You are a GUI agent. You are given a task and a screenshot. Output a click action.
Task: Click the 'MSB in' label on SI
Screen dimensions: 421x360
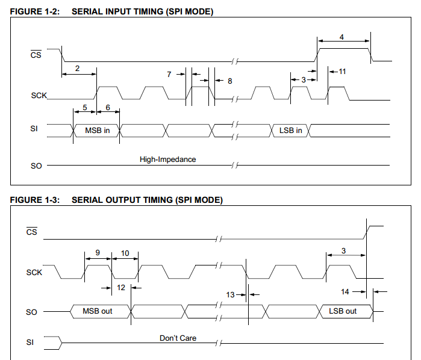click(97, 131)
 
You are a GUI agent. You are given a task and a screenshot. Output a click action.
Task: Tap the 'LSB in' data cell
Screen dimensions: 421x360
click(291, 131)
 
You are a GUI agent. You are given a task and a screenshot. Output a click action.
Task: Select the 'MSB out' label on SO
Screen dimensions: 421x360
click(97, 311)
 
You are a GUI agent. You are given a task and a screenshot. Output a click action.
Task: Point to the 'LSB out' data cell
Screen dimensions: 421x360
click(346, 311)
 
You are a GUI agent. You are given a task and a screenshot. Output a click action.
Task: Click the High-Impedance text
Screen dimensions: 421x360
click(168, 160)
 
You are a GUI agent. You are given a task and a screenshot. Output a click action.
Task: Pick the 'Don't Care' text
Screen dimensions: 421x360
click(178, 338)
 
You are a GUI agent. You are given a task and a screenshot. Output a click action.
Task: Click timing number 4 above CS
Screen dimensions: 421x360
click(341, 37)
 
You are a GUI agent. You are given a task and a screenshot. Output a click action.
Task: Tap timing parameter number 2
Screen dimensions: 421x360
click(77, 69)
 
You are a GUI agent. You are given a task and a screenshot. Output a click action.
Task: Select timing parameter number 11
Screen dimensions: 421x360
click(342, 72)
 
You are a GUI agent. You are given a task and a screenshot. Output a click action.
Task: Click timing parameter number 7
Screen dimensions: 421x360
click(169, 75)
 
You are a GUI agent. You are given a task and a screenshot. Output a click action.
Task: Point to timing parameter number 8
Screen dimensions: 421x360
click(230, 81)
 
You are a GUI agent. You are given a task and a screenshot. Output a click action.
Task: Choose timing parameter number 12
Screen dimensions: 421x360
click(121, 288)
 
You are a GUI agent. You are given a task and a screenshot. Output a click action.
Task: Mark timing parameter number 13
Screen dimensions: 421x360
click(230, 295)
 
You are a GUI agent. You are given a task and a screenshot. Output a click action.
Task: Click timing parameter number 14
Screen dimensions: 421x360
click(345, 292)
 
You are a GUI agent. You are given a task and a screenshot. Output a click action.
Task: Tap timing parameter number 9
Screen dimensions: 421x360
click(98, 253)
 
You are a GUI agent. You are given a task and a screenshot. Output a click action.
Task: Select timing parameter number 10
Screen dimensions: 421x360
click(125, 253)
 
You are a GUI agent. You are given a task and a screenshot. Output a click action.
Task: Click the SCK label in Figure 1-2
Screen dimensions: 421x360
click(39, 96)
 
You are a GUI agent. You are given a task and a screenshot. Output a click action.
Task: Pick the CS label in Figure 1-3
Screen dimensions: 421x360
click(32, 231)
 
